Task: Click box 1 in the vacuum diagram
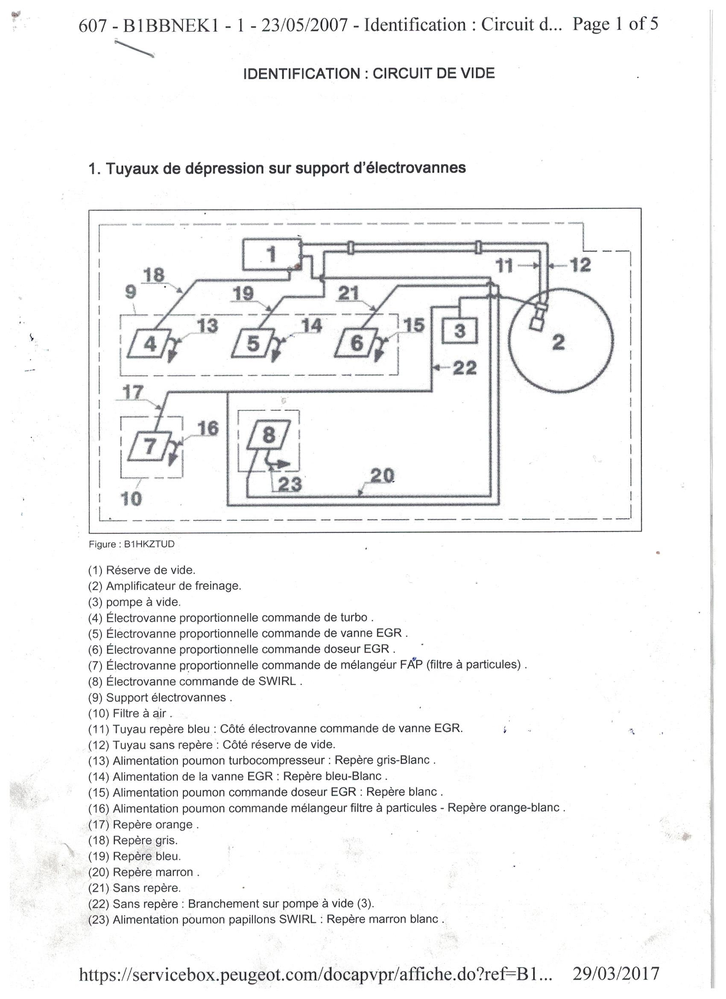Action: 271,254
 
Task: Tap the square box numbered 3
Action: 460,331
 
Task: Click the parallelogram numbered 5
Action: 253,343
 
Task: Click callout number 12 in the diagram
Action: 580,265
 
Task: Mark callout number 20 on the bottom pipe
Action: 382,475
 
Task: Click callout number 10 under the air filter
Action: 131,499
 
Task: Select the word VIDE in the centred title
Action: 477,73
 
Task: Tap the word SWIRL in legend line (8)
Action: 277,682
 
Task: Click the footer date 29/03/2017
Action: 615,973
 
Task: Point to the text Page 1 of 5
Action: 615,24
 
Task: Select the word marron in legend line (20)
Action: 175,872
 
